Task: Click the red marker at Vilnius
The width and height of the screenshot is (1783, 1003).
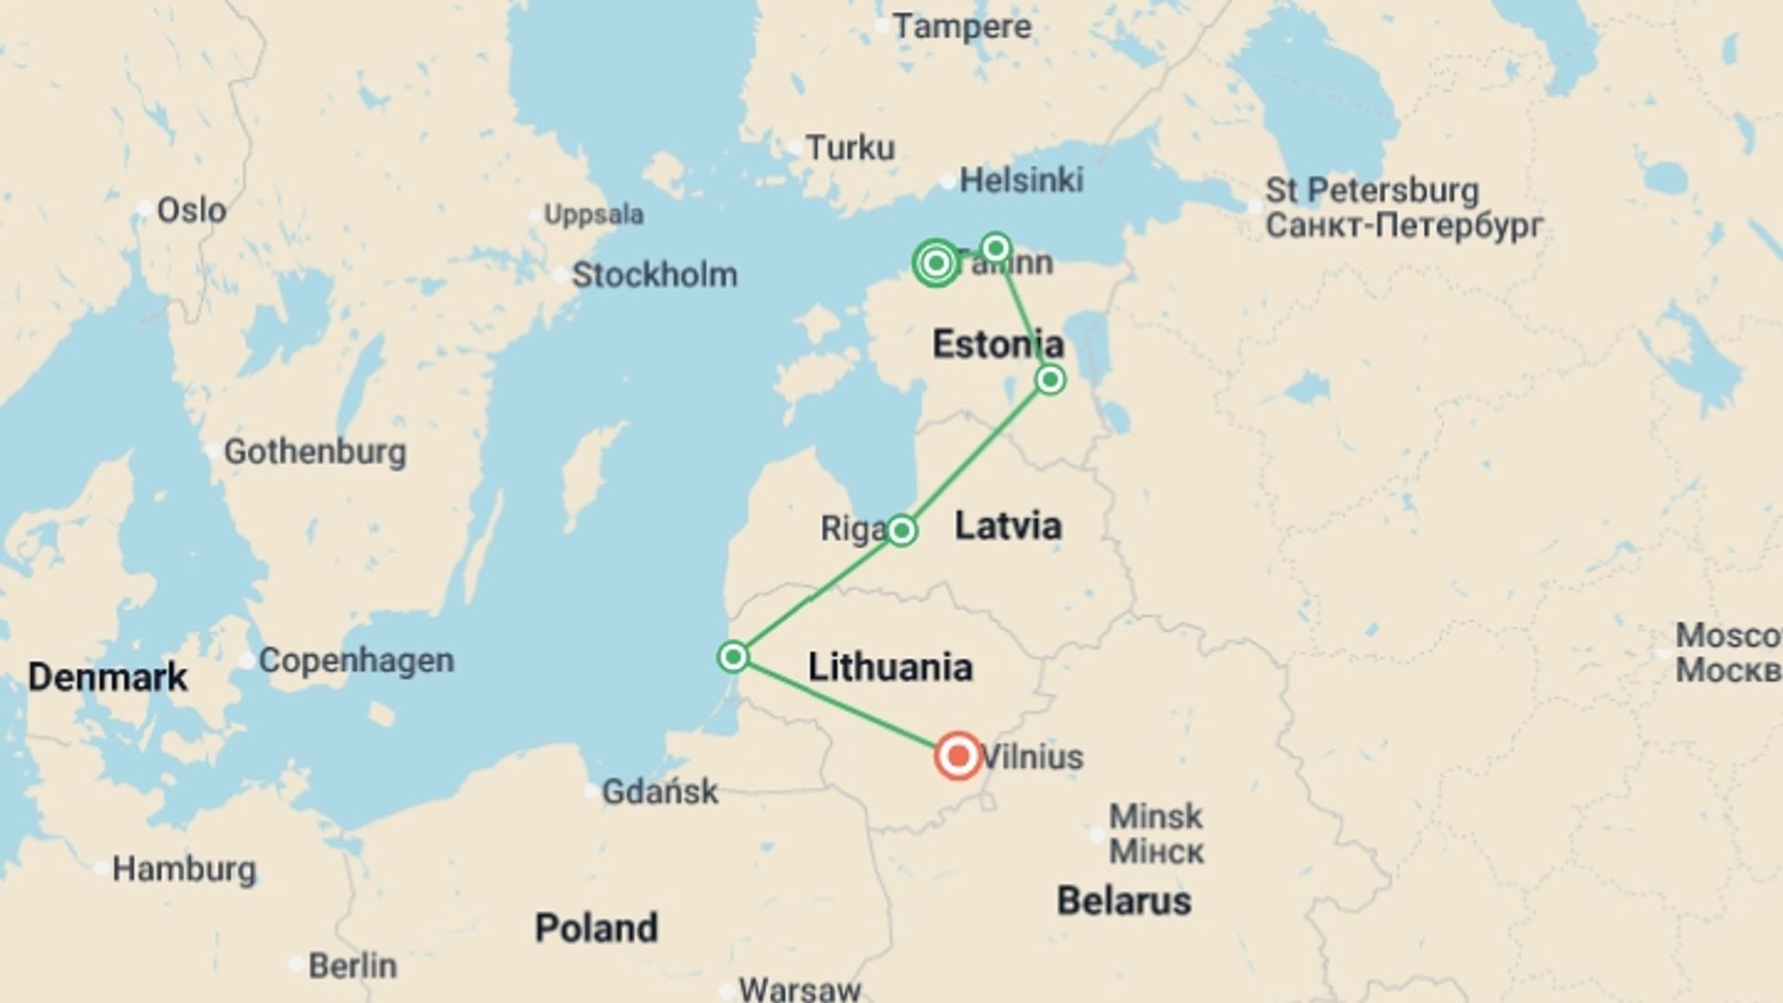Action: pos(958,755)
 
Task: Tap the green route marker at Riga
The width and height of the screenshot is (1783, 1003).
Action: pos(901,530)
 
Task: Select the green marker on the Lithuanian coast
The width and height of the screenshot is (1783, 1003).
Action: pos(733,657)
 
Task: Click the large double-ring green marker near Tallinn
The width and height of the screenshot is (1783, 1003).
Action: pos(936,264)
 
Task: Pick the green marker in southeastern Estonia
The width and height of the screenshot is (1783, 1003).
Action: pos(1050,379)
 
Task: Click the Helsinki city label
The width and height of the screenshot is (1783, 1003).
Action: pos(1021,180)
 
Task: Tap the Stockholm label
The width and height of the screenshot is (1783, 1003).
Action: pos(654,275)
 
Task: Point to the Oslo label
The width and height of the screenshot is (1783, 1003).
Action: pos(191,211)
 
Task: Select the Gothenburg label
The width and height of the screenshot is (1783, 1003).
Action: pos(315,452)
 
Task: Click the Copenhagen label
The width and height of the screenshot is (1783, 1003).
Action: pos(356,660)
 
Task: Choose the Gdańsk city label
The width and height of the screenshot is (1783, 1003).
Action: pos(659,792)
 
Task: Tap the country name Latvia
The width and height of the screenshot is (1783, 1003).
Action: pos(1008,526)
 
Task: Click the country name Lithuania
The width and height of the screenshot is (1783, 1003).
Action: pos(890,667)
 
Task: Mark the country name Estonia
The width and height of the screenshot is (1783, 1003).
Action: pos(997,345)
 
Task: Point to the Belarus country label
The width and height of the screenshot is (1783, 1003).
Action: pos(1124,901)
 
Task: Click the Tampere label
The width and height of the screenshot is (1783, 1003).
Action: pos(961,27)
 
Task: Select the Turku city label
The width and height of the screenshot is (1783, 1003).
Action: pos(850,148)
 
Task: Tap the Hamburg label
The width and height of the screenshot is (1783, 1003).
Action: pos(184,869)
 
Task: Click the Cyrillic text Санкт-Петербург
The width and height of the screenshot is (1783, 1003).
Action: pos(1403,226)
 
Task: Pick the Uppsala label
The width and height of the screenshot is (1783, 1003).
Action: pos(593,215)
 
